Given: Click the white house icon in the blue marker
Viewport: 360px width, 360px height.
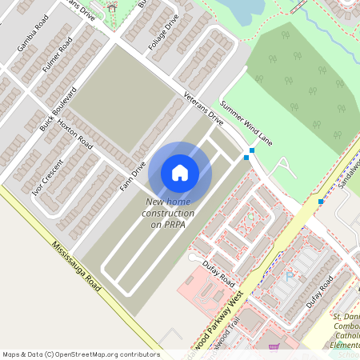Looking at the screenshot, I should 180,173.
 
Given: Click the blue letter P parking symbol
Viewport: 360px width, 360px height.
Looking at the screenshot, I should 290,276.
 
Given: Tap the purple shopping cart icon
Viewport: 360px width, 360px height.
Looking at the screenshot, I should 274,347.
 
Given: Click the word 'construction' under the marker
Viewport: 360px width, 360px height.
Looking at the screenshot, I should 168,214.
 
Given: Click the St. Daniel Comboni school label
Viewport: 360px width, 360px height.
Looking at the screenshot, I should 346,328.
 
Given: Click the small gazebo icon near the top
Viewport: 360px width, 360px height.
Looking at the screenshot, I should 111,8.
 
